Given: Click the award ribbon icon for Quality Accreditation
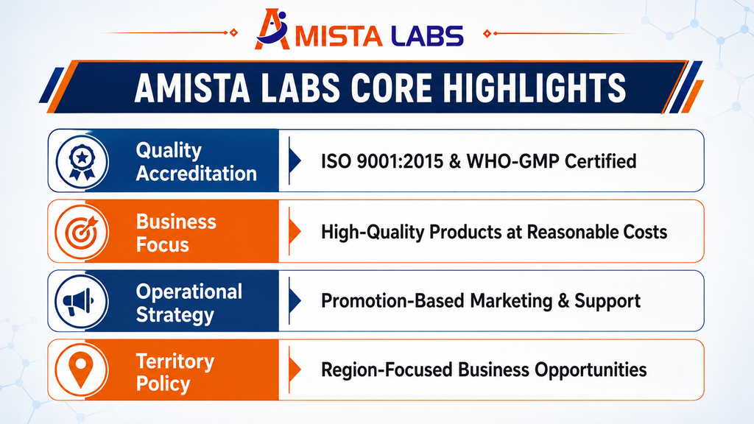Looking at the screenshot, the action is (x=82, y=161).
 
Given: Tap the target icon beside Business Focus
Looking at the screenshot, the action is (x=82, y=232).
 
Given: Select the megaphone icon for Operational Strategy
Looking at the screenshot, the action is (x=78, y=302).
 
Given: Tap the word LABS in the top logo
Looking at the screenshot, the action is (x=426, y=36).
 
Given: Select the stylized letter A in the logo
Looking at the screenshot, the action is (x=272, y=29).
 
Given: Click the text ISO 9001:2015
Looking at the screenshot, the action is (x=382, y=161).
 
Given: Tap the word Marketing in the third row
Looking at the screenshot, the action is (x=511, y=301).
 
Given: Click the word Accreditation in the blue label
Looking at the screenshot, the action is (x=196, y=174).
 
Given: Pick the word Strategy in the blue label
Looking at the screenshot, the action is (x=175, y=315).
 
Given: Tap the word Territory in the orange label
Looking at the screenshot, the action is (x=175, y=361).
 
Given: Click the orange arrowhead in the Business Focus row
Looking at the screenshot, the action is (x=295, y=232).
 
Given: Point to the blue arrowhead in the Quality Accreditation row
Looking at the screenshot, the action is (x=295, y=161).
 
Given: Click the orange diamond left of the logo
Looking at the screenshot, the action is (x=233, y=32).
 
